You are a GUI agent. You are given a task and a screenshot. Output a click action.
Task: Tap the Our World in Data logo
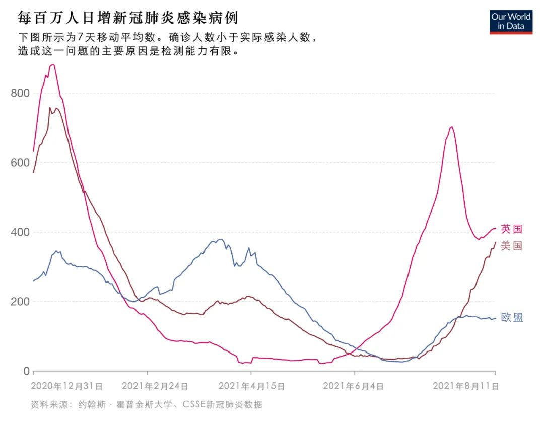click(511, 22)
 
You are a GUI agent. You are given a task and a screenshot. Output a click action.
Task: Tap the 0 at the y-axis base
click(26, 371)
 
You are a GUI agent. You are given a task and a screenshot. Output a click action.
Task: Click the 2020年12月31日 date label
click(67, 387)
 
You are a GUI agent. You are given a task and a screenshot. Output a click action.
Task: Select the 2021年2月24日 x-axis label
click(155, 387)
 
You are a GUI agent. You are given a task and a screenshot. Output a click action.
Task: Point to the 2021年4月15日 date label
click(251, 387)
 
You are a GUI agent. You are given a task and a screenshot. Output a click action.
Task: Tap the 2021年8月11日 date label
click(466, 387)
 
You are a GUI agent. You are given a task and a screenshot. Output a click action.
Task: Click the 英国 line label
click(512, 229)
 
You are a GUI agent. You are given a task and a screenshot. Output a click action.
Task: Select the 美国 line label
click(512, 246)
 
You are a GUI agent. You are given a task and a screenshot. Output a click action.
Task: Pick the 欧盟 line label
click(512, 318)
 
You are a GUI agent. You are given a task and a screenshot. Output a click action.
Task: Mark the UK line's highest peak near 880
click(52, 65)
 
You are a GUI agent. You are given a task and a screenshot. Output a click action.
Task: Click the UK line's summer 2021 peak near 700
click(451, 127)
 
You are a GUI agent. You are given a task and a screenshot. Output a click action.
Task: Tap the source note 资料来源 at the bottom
click(146, 404)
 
